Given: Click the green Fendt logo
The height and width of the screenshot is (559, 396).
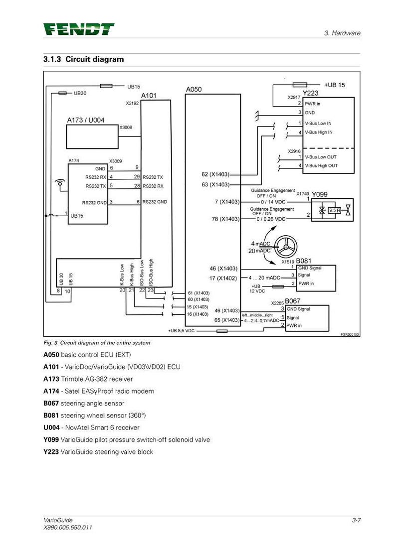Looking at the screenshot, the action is [x=78, y=29].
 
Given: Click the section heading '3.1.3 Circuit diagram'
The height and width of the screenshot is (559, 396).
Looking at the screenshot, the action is [x=83, y=59].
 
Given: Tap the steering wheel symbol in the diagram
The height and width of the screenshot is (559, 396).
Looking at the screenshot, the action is [x=285, y=246].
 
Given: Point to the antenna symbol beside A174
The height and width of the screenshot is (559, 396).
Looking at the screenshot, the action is [x=60, y=184].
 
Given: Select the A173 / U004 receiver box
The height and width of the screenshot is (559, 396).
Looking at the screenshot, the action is [x=92, y=137].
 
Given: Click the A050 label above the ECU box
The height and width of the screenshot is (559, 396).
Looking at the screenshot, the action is [x=194, y=89].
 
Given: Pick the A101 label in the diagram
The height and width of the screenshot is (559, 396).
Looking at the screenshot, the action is [x=149, y=96].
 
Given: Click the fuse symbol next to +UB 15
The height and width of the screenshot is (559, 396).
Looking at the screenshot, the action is [x=300, y=85].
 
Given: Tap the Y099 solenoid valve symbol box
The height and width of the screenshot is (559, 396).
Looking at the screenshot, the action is [x=332, y=210].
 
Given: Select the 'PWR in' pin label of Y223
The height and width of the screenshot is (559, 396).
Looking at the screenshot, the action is [x=312, y=104].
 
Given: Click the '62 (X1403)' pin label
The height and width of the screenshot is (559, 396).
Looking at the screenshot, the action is [x=215, y=174].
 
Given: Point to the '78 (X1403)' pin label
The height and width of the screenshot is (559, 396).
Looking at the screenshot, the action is [x=225, y=219].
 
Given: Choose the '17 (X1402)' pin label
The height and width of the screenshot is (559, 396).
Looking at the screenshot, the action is [x=223, y=278].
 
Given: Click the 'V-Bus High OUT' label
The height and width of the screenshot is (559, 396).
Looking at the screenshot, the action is [x=321, y=166].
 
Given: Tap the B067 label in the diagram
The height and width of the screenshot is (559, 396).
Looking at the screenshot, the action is [x=293, y=301].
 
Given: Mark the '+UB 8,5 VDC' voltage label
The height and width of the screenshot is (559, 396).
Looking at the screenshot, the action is [x=181, y=331].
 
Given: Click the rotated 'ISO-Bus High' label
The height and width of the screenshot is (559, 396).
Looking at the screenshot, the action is [x=151, y=272].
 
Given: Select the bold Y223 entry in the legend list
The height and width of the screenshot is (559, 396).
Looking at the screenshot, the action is [x=51, y=452].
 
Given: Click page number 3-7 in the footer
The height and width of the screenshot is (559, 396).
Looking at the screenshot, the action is [x=356, y=520].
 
